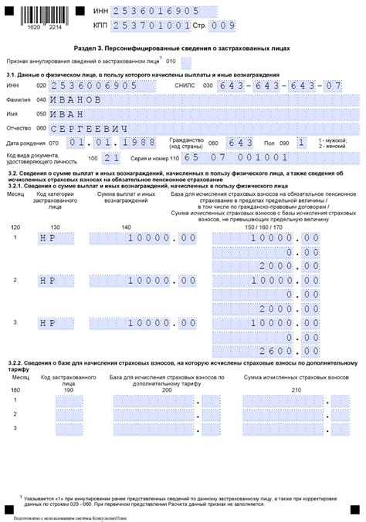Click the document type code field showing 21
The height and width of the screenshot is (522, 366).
point(111,157)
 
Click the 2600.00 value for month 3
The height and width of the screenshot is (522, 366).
point(293,350)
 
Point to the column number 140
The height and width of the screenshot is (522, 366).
point(126,227)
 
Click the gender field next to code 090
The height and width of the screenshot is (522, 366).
point(302,143)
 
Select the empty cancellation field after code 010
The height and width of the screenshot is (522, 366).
point(192,60)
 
